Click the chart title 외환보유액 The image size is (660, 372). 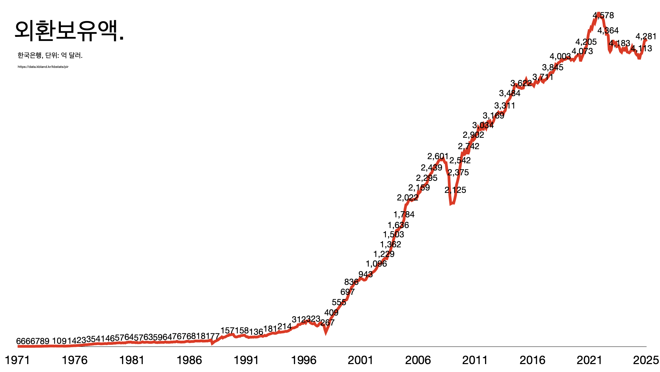pos(69,31)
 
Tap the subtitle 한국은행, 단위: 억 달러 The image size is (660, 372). pos(50,55)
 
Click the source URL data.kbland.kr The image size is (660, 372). pos(43,67)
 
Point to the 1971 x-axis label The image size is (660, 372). pos(17,360)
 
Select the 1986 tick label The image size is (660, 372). pos(189,360)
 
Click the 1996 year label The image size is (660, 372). pos(304,360)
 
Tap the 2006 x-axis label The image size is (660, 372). pos(418,360)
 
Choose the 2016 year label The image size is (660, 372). pos(532,360)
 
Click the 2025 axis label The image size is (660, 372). pos(646,360)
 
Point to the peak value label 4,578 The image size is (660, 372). pos(603,15)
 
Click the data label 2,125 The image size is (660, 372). pos(455,190)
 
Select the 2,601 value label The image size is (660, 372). pos(438,157)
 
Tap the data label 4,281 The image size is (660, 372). pos(646,37)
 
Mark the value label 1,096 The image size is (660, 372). pos(376,264)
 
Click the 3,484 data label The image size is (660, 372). pos(510,93)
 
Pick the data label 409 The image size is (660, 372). pos(331,313)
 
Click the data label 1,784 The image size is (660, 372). pos(404,215)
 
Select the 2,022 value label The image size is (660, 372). pos(408,198)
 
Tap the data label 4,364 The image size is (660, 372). pos(608,31)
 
